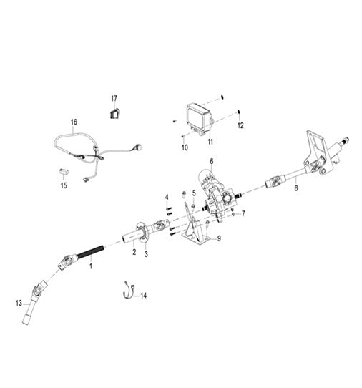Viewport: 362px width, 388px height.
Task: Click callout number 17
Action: (x=114, y=99)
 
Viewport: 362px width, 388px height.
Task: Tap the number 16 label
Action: (x=74, y=122)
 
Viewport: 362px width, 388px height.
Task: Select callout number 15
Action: (x=64, y=185)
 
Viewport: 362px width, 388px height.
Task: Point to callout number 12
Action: (x=240, y=125)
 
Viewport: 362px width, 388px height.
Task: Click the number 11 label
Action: (x=210, y=142)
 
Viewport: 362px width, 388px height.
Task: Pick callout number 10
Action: (x=185, y=147)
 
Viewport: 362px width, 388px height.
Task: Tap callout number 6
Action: (x=212, y=161)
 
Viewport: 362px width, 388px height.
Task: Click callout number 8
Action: (x=296, y=188)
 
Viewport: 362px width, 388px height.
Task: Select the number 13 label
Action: (x=19, y=303)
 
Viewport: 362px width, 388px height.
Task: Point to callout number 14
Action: (x=143, y=295)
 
